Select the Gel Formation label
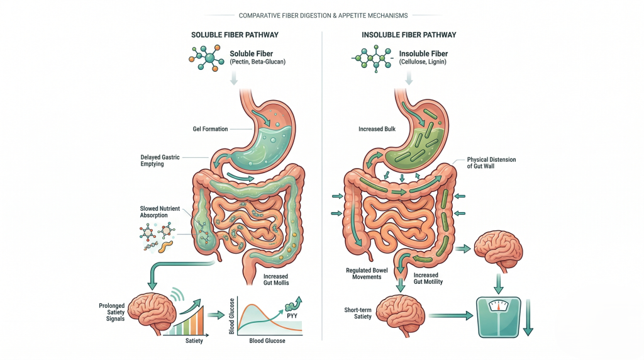(210, 129)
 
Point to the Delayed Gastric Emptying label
(160, 160)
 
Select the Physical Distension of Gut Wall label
(491, 163)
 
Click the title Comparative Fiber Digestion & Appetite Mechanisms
(321, 15)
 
